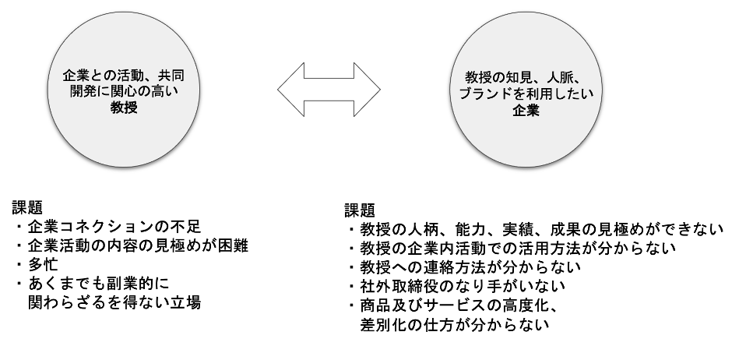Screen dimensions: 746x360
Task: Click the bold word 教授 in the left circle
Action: pos(124,108)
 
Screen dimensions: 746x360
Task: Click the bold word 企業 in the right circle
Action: pos(526,111)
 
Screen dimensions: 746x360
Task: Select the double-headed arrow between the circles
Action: pos(329,90)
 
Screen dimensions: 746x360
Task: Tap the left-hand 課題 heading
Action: pos(27,207)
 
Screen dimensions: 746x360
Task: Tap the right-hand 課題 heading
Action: pos(360,210)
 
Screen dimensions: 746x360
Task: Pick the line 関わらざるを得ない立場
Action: pos(114,302)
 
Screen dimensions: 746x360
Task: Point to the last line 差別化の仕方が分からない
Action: pos(455,325)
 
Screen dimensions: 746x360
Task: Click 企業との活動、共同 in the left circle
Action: pos(124,76)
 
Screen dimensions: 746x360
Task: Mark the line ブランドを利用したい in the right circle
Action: pos(526,94)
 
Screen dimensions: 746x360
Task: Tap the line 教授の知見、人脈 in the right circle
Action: pos(526,77)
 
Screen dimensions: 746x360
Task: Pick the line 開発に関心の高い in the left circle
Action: pos(124,91)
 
